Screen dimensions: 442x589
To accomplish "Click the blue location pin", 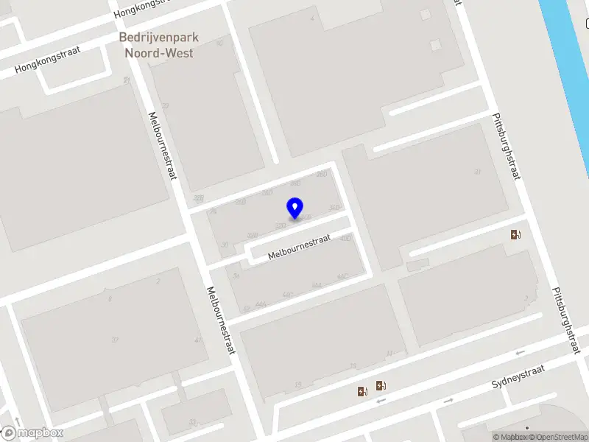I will click(x=295, y=208).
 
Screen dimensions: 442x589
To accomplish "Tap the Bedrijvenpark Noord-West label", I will click(x=160, y=45).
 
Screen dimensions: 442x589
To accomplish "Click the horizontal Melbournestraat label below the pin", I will click(x=300, y=245).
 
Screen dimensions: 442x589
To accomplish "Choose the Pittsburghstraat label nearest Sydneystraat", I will click(x=565, y=320).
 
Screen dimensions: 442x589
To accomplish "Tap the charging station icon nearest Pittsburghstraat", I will click(x=516, y=235).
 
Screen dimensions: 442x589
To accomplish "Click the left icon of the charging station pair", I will click(x=361, y=391).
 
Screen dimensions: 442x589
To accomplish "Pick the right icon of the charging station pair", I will click(x=381, y=385).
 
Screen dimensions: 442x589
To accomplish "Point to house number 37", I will click(x=115, y=340).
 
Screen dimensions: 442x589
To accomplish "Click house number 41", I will click(x=197, y=340).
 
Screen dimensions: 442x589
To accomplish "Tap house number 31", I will click(x=478, y=172).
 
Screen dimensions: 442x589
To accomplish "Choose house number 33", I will click(x=193, y=422).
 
